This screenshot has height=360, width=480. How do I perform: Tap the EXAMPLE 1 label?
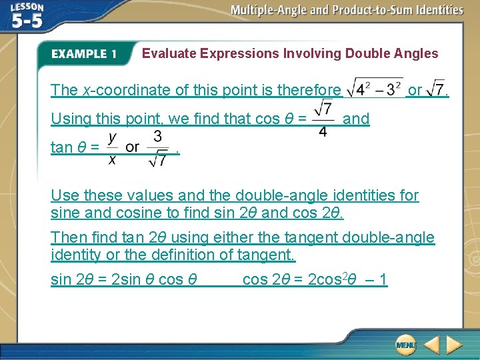pos(84,54)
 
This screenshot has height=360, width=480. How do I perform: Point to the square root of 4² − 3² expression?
pos(374,89)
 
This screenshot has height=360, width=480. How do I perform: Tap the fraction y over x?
pos(113,147)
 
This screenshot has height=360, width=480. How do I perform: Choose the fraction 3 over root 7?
pos(157,147)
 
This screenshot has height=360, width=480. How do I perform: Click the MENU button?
pos(405,345)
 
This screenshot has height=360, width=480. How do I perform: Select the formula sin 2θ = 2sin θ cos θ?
pos(124,279)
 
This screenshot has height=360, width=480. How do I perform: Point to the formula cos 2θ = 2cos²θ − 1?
pos(315,279)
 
